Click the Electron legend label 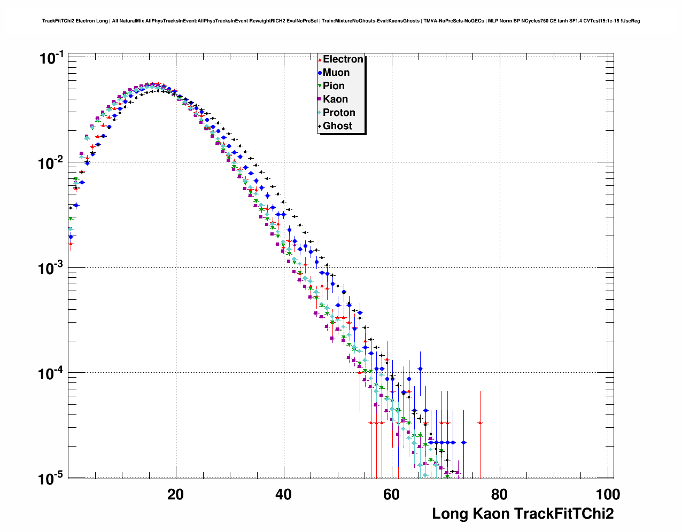click(x=343, y=59)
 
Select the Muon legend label click(x=336, y=73)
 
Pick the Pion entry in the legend click(x=334, y=86)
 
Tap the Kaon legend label click(x=335, y=99)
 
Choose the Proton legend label click(x=339, y=113)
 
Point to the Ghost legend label click(x=337, y=126)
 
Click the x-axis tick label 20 click(x=175, y=495)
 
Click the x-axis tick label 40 click(x=283, y=495)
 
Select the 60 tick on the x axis click(x=391, y=495)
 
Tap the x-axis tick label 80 click(x=499, y=495)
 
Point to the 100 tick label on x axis click(x=607, y=495)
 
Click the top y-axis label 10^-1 click(x=51, y=57)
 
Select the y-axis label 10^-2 click(x=51, y=162)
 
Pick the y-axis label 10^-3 click(x=51, y=268)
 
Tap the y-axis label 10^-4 click(x=51, y=373)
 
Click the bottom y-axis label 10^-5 click(x=51, y=478)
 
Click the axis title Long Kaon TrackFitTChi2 click(x=523, y=514)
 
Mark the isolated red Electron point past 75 click(x=480, y=423)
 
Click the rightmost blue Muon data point click(x=463, y=442)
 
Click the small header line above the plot click(x=341, y=21)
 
